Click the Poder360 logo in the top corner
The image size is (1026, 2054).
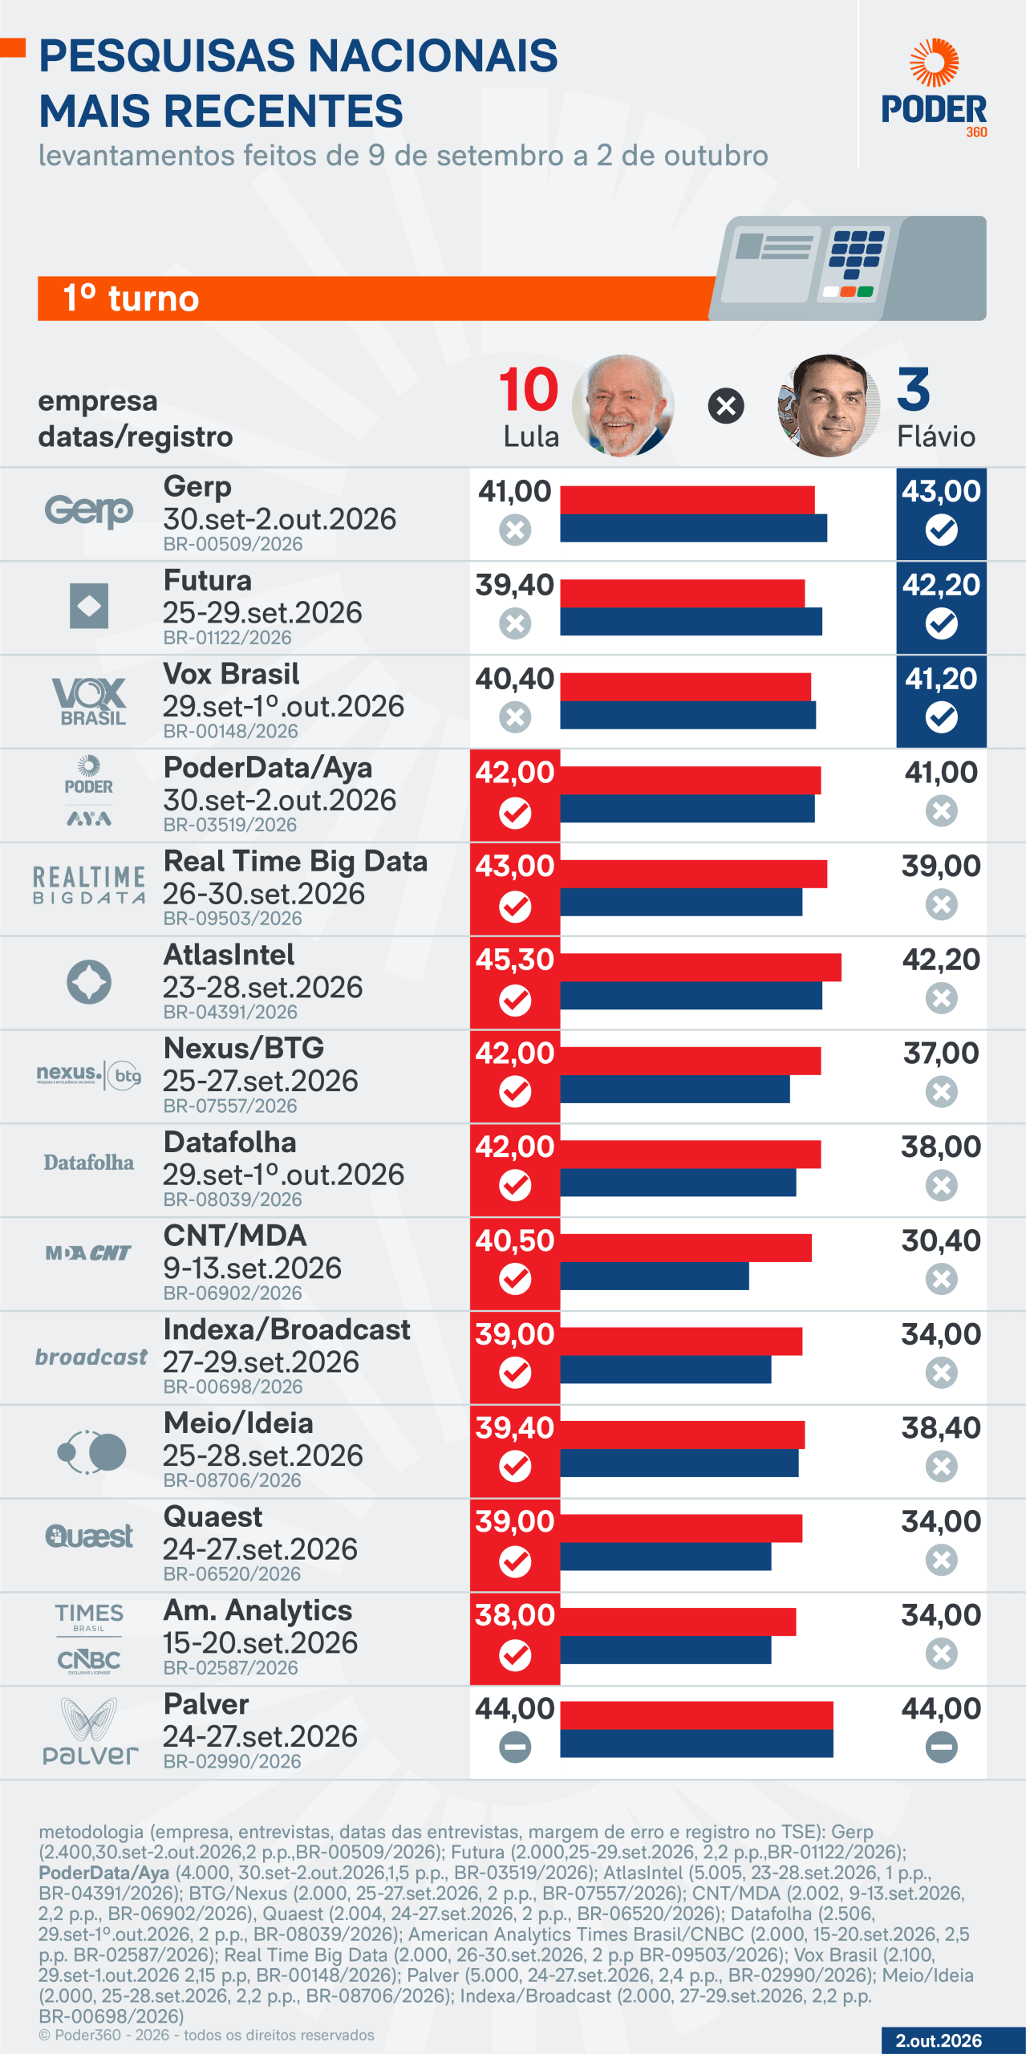tap(934, 87)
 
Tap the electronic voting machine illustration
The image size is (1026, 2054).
tap(848, 268)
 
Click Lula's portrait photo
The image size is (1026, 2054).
tap(623, 406)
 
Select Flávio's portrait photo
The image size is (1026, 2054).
tap(829, 406)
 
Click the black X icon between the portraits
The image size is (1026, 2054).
tap(726, 406)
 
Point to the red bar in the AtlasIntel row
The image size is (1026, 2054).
tap(700, 967)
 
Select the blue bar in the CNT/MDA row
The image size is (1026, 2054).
tap(655, 1276)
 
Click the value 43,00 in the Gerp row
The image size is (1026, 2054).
tap(941, 491)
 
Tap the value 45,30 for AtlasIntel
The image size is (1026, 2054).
tap(515, 960)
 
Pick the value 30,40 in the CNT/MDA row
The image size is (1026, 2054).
tap(941, 1240)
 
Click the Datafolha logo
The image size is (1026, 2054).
tap(89, 1163)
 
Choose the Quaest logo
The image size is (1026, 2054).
tap(89, 1536)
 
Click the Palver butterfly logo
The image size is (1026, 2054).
tap(90, 1731)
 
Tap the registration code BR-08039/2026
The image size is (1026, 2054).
tap(233, 1200)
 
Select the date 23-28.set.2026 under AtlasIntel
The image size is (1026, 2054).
tap(263, 987)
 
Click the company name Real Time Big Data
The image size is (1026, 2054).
tap(295, 861)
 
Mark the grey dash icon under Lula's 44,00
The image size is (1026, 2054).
tap(515, 1747)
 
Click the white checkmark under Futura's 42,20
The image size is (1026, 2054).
tap(941, 623)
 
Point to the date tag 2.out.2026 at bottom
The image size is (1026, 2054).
tap(939, 2041)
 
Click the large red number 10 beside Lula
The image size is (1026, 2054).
tap(529, 390)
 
